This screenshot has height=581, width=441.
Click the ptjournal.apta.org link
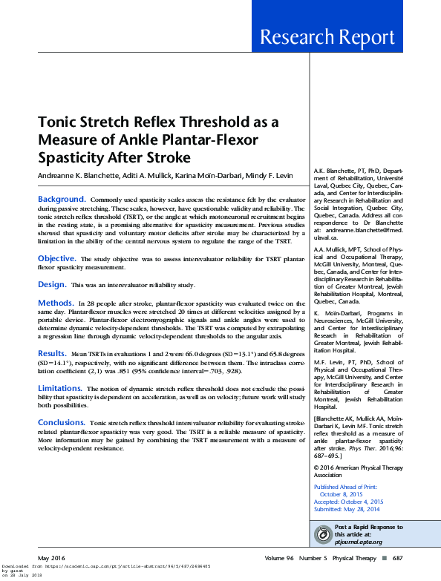(x=361, y=542)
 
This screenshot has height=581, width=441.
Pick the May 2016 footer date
(x=51, y=558)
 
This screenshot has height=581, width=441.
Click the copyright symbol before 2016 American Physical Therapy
(x=317, y=468)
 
